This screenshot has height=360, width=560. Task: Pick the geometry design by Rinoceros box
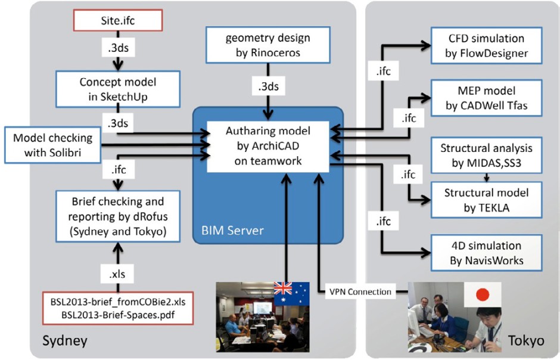coord(267,45)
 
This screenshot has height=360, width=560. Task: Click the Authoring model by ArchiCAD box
coord(267,145)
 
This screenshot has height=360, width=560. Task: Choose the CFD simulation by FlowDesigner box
coord(487,45)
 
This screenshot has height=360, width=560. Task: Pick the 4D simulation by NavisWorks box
coord(487,253)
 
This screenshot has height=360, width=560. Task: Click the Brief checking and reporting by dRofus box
coord(117,216)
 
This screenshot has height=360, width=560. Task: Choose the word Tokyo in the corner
coord(526,340)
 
